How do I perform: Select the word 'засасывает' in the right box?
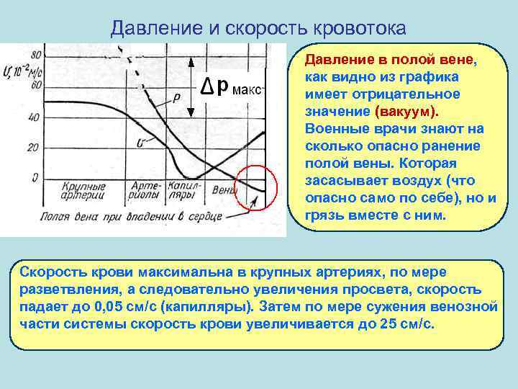point(344,179)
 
